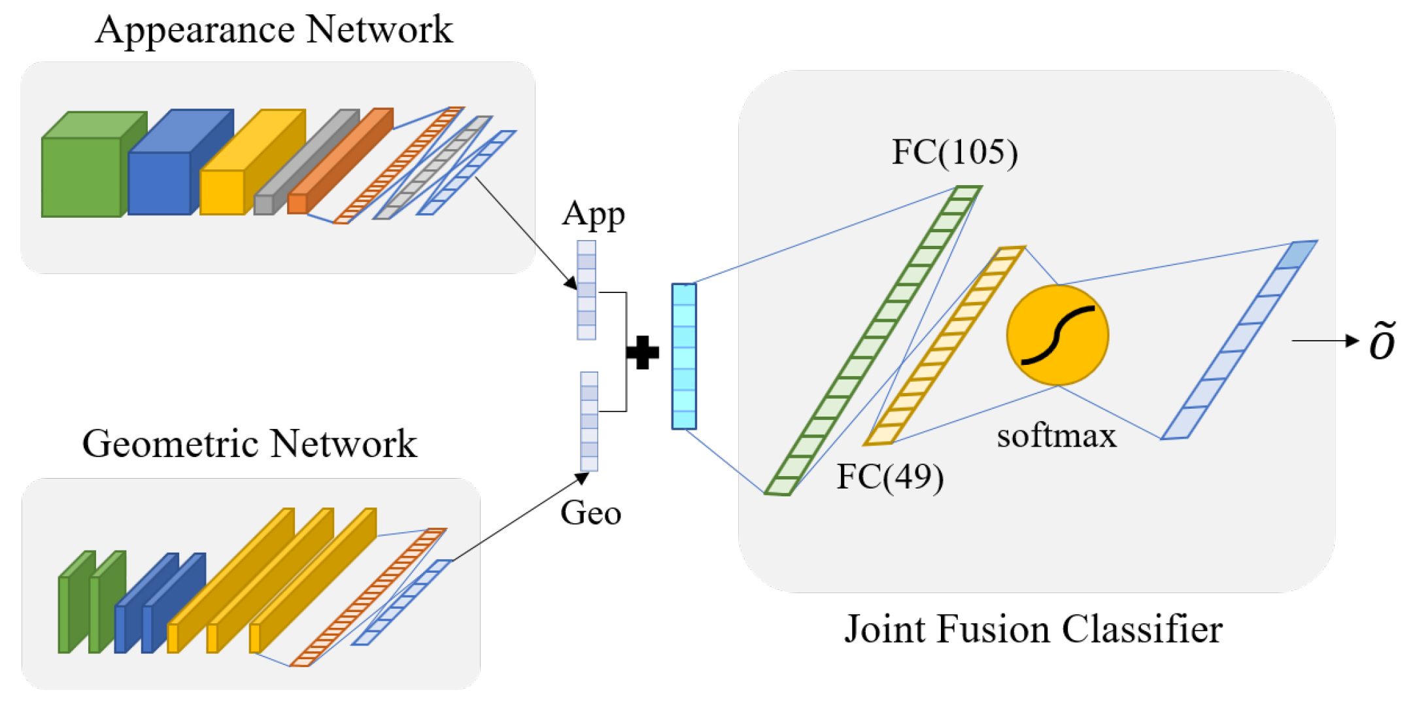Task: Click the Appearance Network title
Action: (274, 30)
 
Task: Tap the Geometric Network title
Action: (249, 444)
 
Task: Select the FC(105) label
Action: (955, 152)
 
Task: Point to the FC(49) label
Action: (890, 476)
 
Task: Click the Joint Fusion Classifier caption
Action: (1033, 629)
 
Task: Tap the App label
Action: (593, 214)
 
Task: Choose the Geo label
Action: (590, 513)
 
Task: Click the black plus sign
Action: (643, 352)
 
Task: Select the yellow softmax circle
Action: (1057, 335)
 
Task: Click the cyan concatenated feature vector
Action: (684, 356)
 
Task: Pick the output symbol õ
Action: (1382, 341)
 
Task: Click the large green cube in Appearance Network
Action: (82, 175)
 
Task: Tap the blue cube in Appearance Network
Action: (160, 182)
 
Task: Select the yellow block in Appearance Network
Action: (222, 191)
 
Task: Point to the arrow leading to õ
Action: (1324, 341)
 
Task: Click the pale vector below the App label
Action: (587, 290)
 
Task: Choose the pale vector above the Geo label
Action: (589, 422)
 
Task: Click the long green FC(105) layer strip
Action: (873, 341)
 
